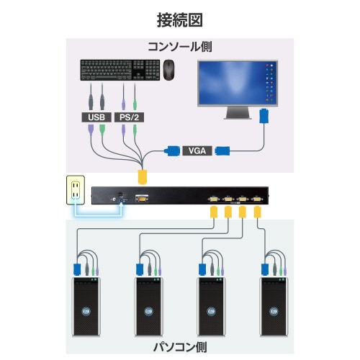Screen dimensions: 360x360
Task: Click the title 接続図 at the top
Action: [x=179, y=19]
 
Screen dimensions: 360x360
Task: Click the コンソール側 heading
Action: [x=179, y=48]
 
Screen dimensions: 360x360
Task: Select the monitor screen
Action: [x=234, y=82]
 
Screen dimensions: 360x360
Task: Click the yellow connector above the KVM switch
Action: [x=143, y=175]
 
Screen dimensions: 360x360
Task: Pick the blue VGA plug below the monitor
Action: [x=264, y=117]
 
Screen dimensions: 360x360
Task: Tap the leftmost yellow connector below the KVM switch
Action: [x=214, y=212]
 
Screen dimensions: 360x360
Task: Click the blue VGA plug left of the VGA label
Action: [x=173, y=150]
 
